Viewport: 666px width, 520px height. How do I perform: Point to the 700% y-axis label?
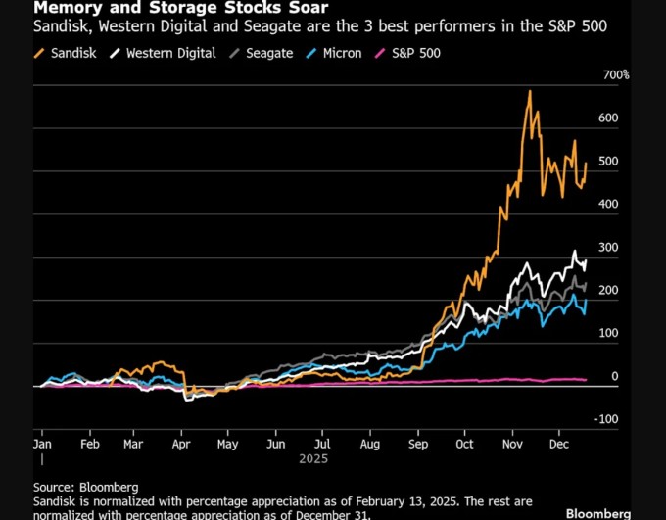pos(616,75)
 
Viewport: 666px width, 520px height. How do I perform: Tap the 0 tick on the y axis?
pos(615,376)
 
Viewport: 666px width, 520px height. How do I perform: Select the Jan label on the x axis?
pos(42,443)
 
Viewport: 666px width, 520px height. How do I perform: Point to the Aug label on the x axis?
pos(369,443)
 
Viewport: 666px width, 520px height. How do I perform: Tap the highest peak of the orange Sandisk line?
pos(530,92)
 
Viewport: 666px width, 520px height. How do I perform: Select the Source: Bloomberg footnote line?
pos(85,487)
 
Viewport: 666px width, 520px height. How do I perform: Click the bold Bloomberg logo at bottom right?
pos(598,513)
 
